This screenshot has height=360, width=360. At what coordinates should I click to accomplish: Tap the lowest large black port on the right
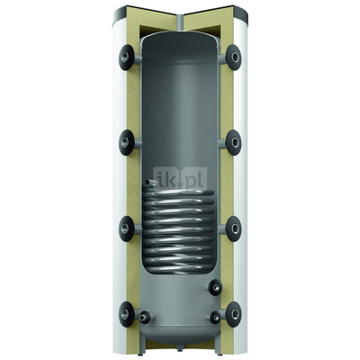pyautogui.click(x=233, y=314)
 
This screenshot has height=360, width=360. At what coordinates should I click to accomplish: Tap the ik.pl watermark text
pyautogui.click(x=180, y=181)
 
